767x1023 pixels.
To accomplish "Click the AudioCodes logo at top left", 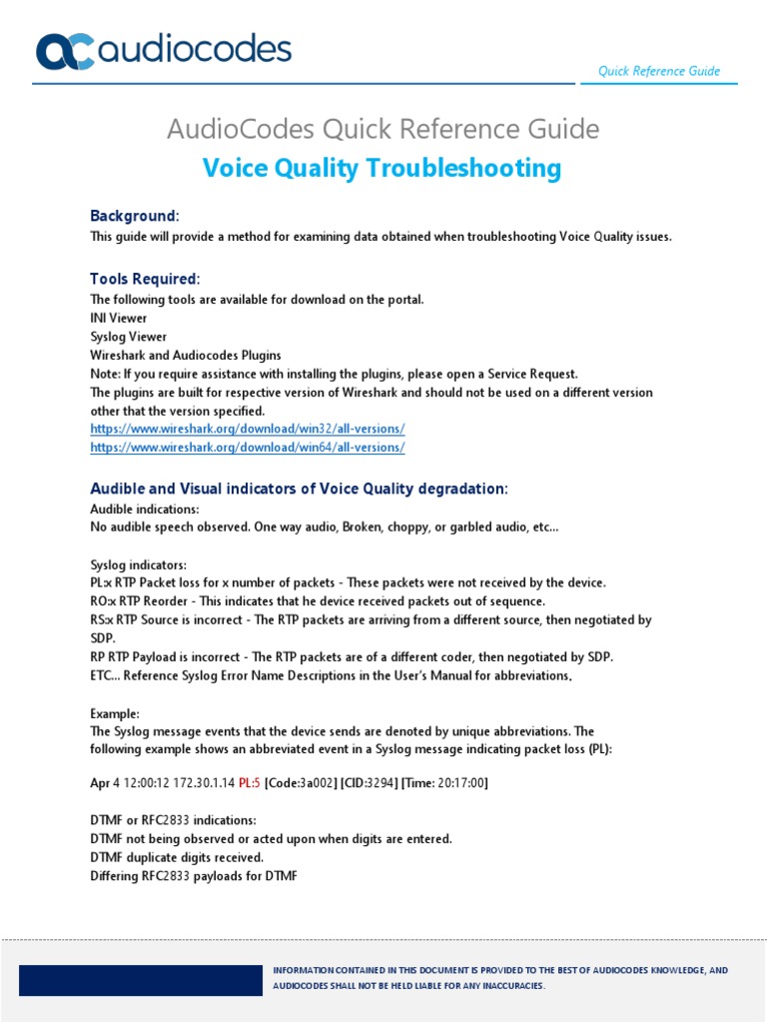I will click(164, 51).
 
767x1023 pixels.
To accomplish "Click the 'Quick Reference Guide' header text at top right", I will click(658, 71).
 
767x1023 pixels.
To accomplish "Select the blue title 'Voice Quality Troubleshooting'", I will click(383, 168).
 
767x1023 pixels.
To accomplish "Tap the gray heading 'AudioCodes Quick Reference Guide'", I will click(383, 129).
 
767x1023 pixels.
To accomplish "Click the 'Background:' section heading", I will click(135, 216).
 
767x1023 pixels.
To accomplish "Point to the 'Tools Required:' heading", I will click(145, 279).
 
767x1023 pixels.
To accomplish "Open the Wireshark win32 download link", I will click(248, 429).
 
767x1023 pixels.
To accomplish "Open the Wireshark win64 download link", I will click(248, 448).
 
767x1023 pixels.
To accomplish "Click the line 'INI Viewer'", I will click(119, 318).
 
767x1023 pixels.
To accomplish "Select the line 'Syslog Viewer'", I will click(129, 337).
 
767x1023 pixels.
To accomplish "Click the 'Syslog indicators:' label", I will click(138, 564).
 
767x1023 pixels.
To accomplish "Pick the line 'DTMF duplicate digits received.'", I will click(177, 857).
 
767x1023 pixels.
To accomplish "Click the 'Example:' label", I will click(115, 714).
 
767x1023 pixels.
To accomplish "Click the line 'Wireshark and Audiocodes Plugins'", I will click(186, 355).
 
